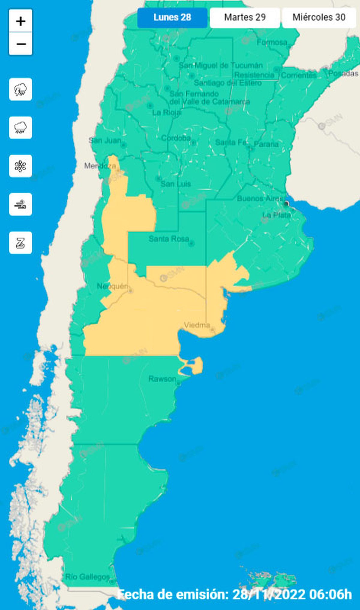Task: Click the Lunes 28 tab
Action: click(x=172, y=17)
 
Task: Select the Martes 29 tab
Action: click(x=245, y=17)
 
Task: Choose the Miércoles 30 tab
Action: click(x=319, y=17)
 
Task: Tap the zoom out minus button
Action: click(x=21, y=44)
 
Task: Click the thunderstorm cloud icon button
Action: click(x=20, y=89)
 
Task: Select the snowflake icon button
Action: click(x=20, y=166)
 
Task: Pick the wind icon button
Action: click(x=20, y=205)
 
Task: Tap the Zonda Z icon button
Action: click(x=20, y=243)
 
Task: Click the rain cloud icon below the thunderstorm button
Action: click(x=20, y=127)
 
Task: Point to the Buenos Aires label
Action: click(x=260, y=199)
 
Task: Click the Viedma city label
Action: click(x=197, y=325)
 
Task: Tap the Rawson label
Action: click(x=162, y=379)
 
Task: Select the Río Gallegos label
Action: click(x=88, y=577)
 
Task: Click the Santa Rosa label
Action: click(x=169, y=239)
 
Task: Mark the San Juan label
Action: click(x=105, y=140)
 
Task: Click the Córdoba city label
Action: click(x=176, y=138)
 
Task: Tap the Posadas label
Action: click(x=343, y=73)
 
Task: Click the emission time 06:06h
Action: click(x=332, y=594)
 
